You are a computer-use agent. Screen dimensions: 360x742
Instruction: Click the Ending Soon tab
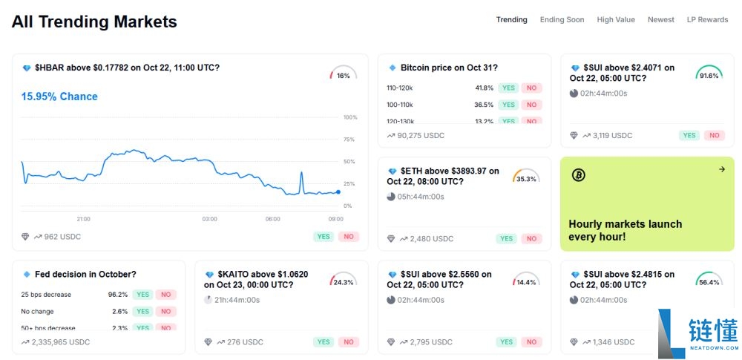[562, 20]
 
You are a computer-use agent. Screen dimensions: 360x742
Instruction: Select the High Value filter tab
[616, 20]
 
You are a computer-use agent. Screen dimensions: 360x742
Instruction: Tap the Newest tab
[661, 20]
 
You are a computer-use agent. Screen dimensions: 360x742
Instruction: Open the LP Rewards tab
[707, 20]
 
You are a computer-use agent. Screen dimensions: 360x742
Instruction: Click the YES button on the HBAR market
[324, 237]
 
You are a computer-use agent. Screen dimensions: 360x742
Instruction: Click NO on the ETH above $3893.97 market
[531, 239]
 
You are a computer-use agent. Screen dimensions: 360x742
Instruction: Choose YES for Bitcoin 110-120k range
[508, 88]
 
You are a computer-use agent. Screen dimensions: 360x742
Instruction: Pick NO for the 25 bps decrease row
[165, 295]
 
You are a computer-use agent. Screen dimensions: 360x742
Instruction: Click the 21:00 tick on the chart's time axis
[84, 219]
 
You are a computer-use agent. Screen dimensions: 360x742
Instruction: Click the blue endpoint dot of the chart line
[338, 192]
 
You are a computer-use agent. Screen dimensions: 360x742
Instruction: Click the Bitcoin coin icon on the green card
[579, 175]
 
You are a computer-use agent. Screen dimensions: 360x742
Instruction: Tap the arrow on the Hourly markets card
[721, 169]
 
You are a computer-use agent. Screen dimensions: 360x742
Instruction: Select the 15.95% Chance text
[59, 96]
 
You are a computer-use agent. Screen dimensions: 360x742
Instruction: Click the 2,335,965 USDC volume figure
[61, 342]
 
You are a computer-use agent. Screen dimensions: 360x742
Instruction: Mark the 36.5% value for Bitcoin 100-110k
[484, 105]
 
